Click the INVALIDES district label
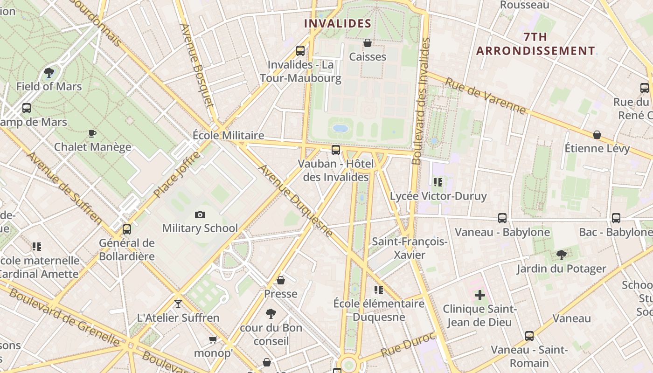tap(338, 23)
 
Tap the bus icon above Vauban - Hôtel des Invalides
tap(336, 150)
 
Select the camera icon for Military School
tap(200, 214)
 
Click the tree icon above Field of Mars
tap(49, 73)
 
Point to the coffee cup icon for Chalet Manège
tap(92, 134)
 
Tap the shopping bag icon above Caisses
tap(368, 43)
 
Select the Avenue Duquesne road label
tap(296, 200)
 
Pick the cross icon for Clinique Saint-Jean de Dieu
tap(480, 295)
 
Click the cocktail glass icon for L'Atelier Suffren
tap(178, 304)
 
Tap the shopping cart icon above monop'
tap(213, 339)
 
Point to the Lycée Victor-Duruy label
tap(438, 196)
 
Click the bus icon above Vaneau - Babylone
tap(502, 218)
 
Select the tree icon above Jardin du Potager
tap(562, 255)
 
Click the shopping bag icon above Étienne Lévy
tap(597, 135)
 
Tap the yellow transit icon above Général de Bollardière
tap(127, 229)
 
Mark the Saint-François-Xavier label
tap(410, 248)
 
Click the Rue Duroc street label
tap(408, 345)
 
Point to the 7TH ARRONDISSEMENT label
tap(535, 44)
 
